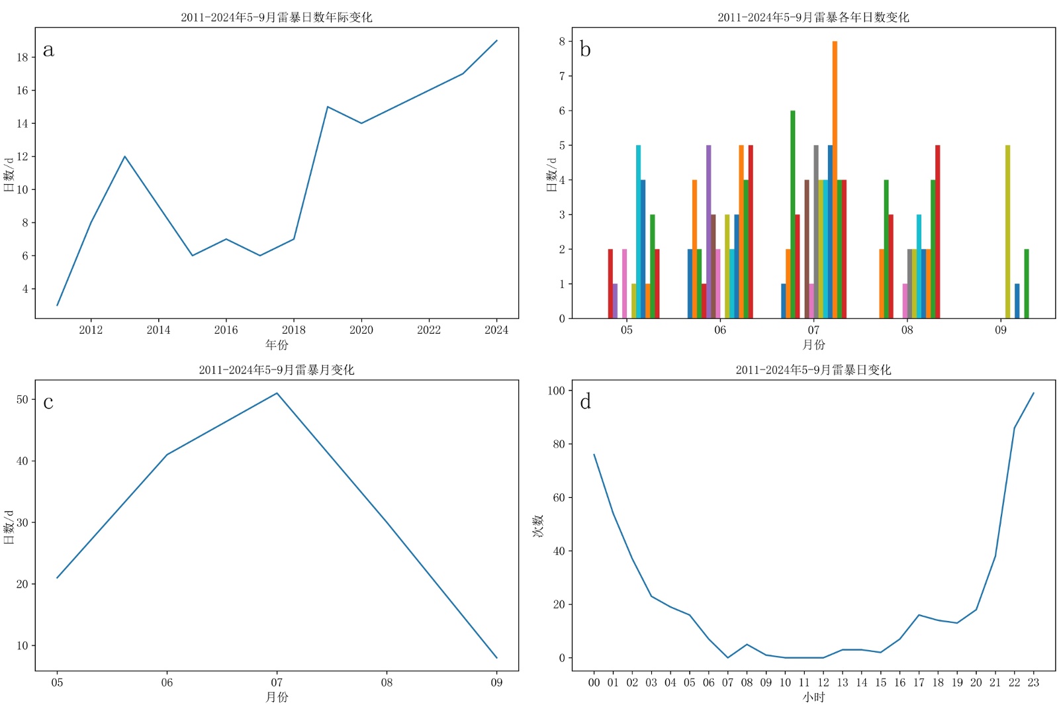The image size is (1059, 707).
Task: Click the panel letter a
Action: pyautogui.click(x=48, y=50)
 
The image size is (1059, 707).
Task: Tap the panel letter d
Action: pyautogui.click(x=585, y=402)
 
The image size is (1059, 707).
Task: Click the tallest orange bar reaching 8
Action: pyautogui.click(x=835, y=179)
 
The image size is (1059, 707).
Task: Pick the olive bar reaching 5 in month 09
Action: pyautogui.click(x=1007, y=232)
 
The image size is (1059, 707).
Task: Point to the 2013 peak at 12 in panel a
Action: pyautogui.click(x=124, y=157)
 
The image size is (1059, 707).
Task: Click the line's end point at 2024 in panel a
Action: pyautogui.click(x=496, y=40)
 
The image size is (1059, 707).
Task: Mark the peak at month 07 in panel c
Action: pyautogui.click(x=277, y=393)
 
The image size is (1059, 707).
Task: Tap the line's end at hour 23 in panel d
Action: pyautogui.click(x=1033, y=393)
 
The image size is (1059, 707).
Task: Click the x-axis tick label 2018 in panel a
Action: pyautogui.click(x=293, y=330)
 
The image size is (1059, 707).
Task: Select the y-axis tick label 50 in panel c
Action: pyautogui.click(x=23, y=399)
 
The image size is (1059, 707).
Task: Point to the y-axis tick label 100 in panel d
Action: pyautogui.click(x=556, y=391)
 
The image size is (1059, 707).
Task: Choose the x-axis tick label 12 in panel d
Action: pyautogui.click(x=823, y=683)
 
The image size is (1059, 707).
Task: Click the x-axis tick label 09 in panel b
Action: pyautogui.click(x=1000, y=330)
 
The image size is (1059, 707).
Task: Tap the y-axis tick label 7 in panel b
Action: pyautogui.click(x=562, y=76)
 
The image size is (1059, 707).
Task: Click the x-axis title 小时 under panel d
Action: pyautogui.click(x=813, y=697)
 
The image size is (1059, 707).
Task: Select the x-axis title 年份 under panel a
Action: pyautogui.click(x=277, y=344)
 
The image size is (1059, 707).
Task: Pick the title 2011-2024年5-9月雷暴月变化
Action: pyautogui.click(x=277, y=369)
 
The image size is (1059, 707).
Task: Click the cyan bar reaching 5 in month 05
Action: pyautogui.click(x=638, y=232)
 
